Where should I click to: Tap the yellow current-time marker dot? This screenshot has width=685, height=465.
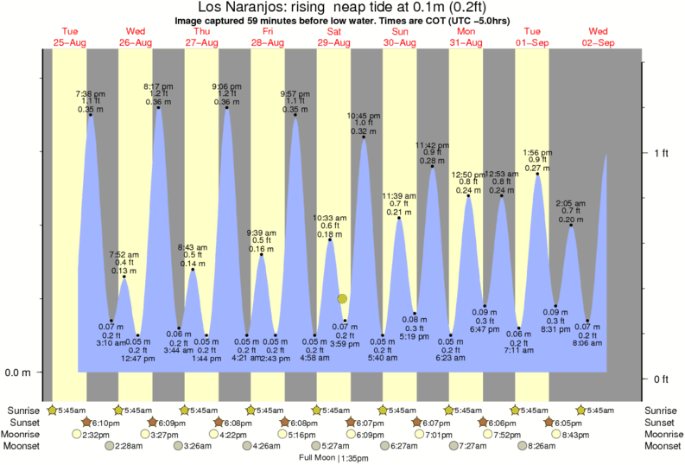click(342, 298)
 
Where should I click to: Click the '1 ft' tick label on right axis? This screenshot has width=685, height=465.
click(662, 153)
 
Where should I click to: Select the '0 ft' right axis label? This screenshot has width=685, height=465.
click(662, 379)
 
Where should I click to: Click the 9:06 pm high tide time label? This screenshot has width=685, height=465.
click(227, 86)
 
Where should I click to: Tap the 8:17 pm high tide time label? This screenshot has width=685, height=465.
click(158, 86)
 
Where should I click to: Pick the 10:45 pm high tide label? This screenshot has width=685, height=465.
click(364, 115)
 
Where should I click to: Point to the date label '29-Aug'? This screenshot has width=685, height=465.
click(334, 42)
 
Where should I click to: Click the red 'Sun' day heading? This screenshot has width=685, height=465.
click(400, 32)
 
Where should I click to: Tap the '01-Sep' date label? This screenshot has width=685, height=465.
click(533, 42)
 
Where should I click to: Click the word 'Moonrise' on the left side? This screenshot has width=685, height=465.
click(25, 434)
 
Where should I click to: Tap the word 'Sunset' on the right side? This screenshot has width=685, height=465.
click(662, 422)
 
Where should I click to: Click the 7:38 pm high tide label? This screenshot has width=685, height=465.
click(90, 93)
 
